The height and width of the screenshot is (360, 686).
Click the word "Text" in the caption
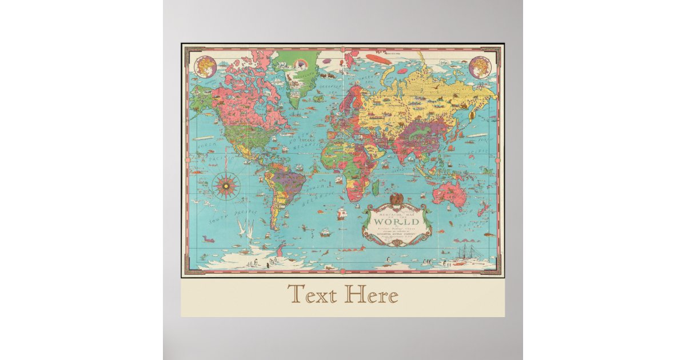[312, 295]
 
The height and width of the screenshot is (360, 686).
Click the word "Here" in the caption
[370, 295]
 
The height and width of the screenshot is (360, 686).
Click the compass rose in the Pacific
[226, 185]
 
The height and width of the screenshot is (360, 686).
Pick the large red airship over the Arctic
[378, 59]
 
